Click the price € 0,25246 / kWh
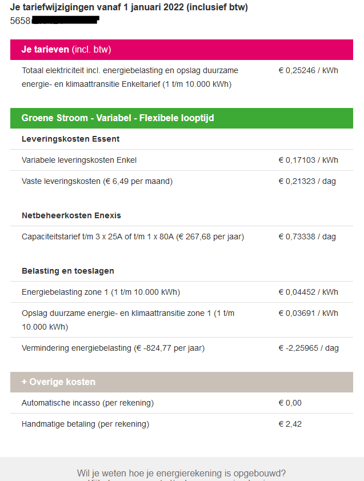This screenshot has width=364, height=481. click(308, 70)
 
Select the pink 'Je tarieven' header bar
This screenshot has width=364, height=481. click(181, 50)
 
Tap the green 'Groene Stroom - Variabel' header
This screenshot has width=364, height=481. click(181, 118)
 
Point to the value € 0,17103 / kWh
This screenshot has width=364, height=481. click(308, 160)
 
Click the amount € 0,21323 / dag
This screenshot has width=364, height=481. click(307, 181)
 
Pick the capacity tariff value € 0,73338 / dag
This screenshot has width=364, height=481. click(307, 237)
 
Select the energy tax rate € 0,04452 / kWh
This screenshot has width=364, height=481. click(308, 292)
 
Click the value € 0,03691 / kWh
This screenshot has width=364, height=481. click(308, 313)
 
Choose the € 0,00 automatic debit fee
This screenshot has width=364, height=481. click(290, 403)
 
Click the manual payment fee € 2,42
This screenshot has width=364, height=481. click(290, 424)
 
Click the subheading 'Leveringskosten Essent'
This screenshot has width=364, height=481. click(70, 139)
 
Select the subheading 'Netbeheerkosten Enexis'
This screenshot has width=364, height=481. click(71, 215)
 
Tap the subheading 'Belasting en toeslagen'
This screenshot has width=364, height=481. click(68, 271)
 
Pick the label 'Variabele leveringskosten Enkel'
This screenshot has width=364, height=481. click(79, 160)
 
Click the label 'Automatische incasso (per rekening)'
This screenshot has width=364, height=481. click(87, 403)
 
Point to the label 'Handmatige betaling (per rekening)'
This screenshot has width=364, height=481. click(85, 424)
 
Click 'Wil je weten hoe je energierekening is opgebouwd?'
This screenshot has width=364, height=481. click(181, 473)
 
